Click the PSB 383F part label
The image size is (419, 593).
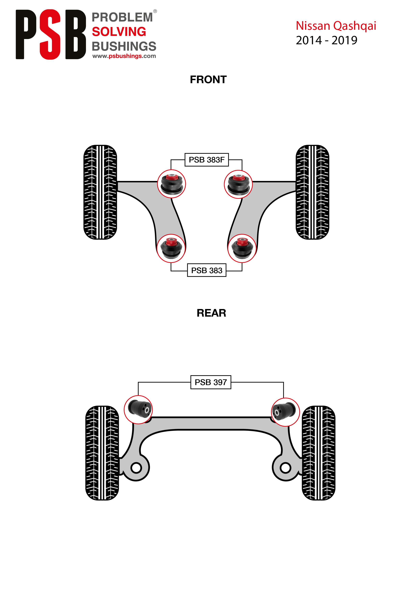coord(207,160)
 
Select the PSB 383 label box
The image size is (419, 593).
coord(207,270)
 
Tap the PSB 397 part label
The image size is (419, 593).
coord(211,382)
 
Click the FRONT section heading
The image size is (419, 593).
coord(208,80)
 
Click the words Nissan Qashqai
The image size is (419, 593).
coord(336,26)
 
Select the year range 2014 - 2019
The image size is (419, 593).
coord(326,40)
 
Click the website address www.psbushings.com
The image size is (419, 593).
coord(124,56)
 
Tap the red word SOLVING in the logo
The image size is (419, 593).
coord(119,32)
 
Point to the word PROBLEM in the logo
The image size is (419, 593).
coord(122,17)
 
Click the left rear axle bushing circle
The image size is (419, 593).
coord(138,409)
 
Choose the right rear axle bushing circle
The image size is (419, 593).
coord(286,412)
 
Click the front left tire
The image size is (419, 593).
coord(100,192)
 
